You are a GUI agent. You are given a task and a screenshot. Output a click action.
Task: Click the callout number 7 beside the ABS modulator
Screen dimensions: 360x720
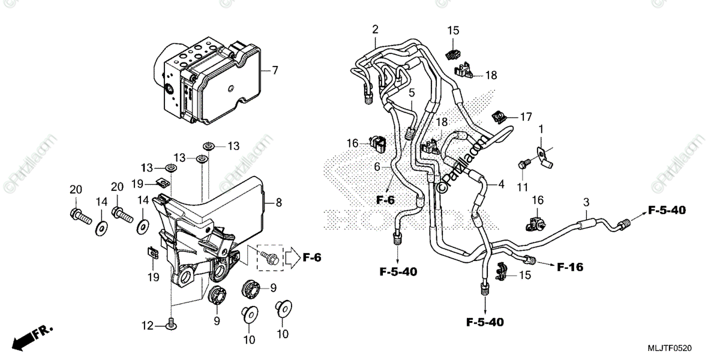275,71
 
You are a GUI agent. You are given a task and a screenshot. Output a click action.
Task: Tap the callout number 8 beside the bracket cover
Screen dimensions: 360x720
278,203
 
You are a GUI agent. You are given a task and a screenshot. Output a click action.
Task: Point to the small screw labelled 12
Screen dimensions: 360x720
172,323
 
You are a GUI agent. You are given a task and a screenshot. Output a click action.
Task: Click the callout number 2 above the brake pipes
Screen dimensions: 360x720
375,29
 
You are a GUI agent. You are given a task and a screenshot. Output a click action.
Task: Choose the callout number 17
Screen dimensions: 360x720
526,116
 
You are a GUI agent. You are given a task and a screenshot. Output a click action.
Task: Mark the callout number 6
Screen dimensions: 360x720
377,167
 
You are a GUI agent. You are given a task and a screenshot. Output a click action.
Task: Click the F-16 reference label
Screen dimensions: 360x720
571,267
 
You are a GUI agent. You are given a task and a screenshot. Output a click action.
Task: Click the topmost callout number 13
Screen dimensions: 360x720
233,146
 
